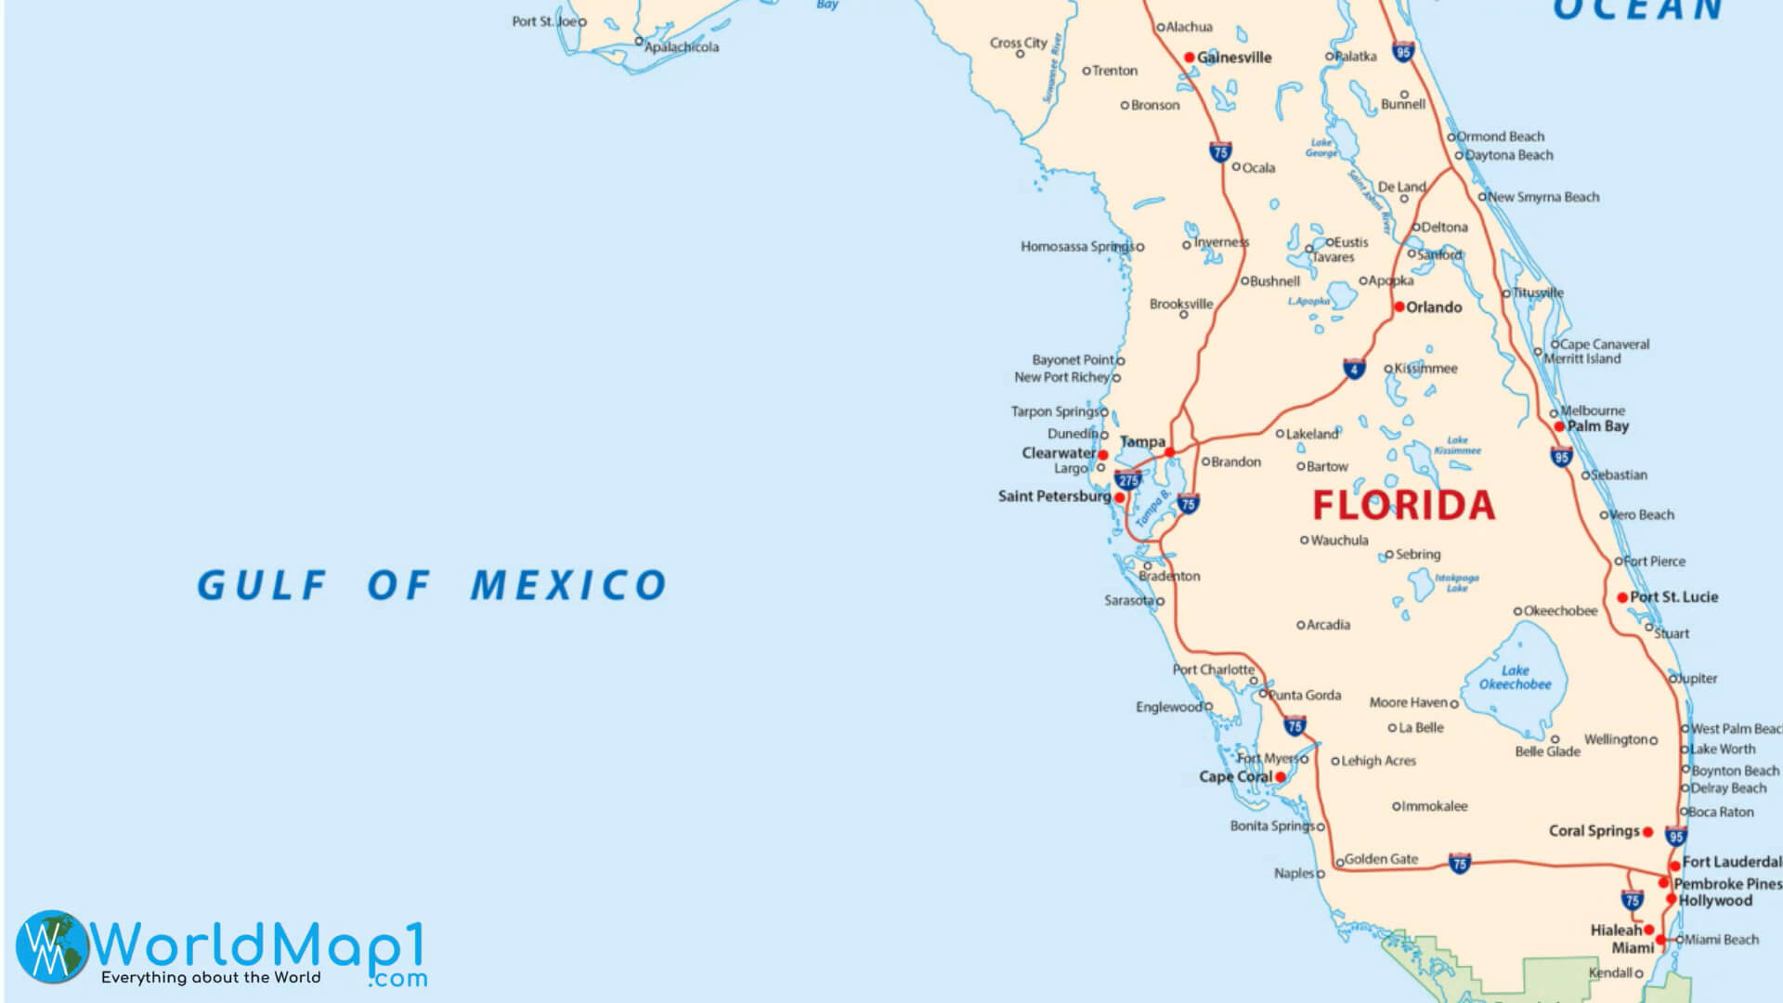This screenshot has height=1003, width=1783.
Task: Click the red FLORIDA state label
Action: [1403, 505]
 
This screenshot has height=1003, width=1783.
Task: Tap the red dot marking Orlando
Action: [1399, 306]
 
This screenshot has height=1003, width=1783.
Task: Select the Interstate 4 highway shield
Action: [1354, 369]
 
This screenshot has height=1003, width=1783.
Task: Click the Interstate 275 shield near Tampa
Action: [1128, 480]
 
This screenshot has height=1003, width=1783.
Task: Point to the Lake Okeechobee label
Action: [1515, 677]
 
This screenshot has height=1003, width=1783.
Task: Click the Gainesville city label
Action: [1234, 58]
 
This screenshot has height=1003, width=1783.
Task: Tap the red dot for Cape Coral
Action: [1281, 776]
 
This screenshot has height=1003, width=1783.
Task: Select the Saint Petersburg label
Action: [1054, 496]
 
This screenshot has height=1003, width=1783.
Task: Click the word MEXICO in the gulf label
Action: [568, 585]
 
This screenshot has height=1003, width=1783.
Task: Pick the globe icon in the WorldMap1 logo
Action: [52, 946]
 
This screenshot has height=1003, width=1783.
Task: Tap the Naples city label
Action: [1294, 873]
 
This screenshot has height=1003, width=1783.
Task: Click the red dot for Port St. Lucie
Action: [1622, 597]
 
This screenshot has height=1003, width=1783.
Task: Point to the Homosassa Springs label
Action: [1077, 246]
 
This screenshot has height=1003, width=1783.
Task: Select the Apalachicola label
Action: [682, 46]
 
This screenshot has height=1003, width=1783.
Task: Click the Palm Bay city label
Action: [1598, 426]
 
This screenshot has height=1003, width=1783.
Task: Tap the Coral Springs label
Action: [1594, 830]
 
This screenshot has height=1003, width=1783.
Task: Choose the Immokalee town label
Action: [1435, 806]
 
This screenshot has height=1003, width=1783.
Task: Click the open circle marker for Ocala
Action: [1236, 167]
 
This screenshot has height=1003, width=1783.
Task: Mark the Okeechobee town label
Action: [1560, 610]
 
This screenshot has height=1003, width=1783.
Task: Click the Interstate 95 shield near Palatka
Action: [1403, 51]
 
